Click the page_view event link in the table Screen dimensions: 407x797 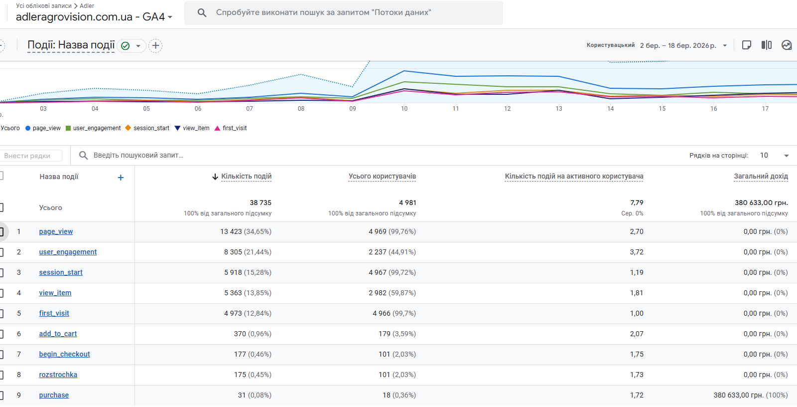[x=56, y=231]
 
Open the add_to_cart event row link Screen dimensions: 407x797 [x=58, y=334]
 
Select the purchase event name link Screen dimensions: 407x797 [x=54, y=395]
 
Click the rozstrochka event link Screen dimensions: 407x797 [x=58, y=375]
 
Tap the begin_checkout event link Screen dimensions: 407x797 [x=64, y=354]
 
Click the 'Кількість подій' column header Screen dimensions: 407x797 [x=246, y=177]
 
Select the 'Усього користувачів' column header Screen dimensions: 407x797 [x=382, y=177]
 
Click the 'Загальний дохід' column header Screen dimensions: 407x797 [x=761, y=177]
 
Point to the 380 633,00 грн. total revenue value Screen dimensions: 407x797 [x=761, y=203]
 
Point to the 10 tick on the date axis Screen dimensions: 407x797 [x=404, y=109]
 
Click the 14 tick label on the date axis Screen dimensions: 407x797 [x=610, y=109]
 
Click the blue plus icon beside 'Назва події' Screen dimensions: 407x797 [x=121, y=178]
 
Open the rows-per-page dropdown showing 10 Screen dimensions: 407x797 [x=774, y=156]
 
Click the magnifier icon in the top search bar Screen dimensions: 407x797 [x=202, y=12]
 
